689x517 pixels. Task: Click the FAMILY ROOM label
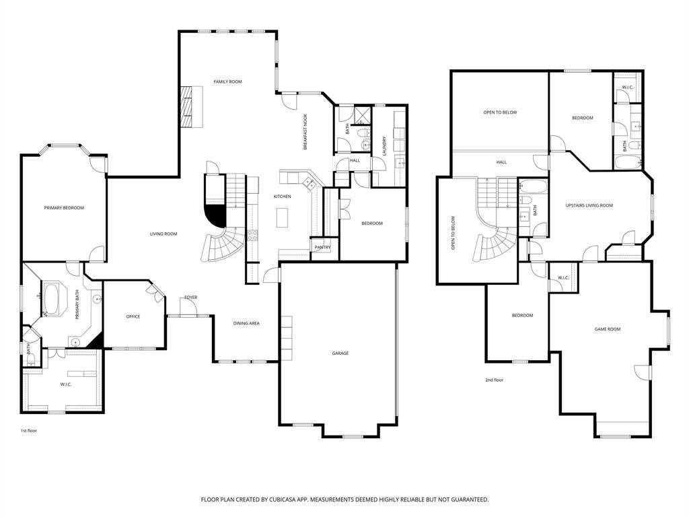227,81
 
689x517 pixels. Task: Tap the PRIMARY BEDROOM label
64,208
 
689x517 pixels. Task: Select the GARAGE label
340,353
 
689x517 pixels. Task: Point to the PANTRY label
322,248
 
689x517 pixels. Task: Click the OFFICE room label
133,316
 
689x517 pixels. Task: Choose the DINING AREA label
246,324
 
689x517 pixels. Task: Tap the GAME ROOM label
608,329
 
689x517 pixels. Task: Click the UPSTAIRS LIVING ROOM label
589,205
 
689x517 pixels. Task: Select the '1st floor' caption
29,430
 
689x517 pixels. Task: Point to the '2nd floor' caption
494,380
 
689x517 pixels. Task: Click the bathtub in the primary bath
51,300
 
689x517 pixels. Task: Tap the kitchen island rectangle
282,217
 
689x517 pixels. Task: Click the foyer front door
189,306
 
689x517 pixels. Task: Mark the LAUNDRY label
384,146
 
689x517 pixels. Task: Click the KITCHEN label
282,197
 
